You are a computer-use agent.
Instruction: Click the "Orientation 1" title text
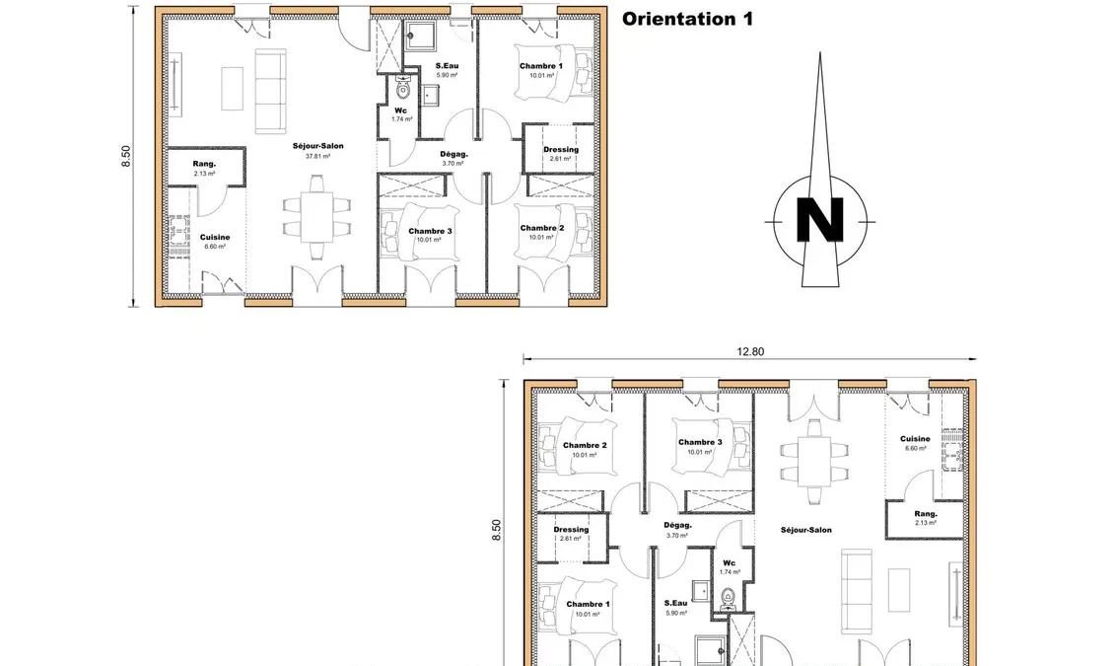coord(687,19)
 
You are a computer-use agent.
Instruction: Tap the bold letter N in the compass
coord(820,221)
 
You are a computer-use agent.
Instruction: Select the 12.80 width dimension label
coord(750,351)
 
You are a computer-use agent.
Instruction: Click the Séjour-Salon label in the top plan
coord(318,146)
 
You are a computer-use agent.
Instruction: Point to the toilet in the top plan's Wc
coord(403,89)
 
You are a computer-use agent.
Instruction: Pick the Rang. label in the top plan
coord(204,164)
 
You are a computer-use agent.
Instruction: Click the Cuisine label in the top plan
coord(215,237)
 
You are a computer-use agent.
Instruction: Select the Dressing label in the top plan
coord(561,150)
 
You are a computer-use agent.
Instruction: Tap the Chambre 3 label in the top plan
coord(430,231)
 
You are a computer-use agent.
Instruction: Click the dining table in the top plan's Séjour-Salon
coord(316,217)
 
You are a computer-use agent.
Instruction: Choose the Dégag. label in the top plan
coord(454,154)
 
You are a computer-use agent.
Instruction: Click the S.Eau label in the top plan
coord(447,65)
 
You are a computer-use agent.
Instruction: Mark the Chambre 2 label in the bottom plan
coord(585,445)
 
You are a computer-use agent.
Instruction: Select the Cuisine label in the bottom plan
coord(915,439)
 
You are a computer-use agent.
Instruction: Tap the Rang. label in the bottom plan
coord(926,514)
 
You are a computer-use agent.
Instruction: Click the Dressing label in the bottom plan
coord(571,529)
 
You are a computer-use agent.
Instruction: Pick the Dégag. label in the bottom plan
coord(677,526)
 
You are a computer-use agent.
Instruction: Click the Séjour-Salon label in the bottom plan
coord(805,530)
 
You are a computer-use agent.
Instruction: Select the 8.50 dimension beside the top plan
coord(126,156)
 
